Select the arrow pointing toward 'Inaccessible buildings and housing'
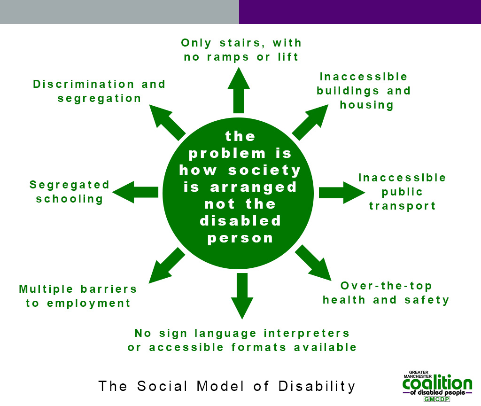[x=310, y=122]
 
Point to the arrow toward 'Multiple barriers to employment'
[x=166, y=265]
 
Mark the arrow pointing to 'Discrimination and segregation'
[x=167, y=121]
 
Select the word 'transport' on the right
[x=403, y=206]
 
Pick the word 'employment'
[x=89, y=303]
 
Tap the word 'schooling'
[x=70, y=199]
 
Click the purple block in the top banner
[x=360, y=12]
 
